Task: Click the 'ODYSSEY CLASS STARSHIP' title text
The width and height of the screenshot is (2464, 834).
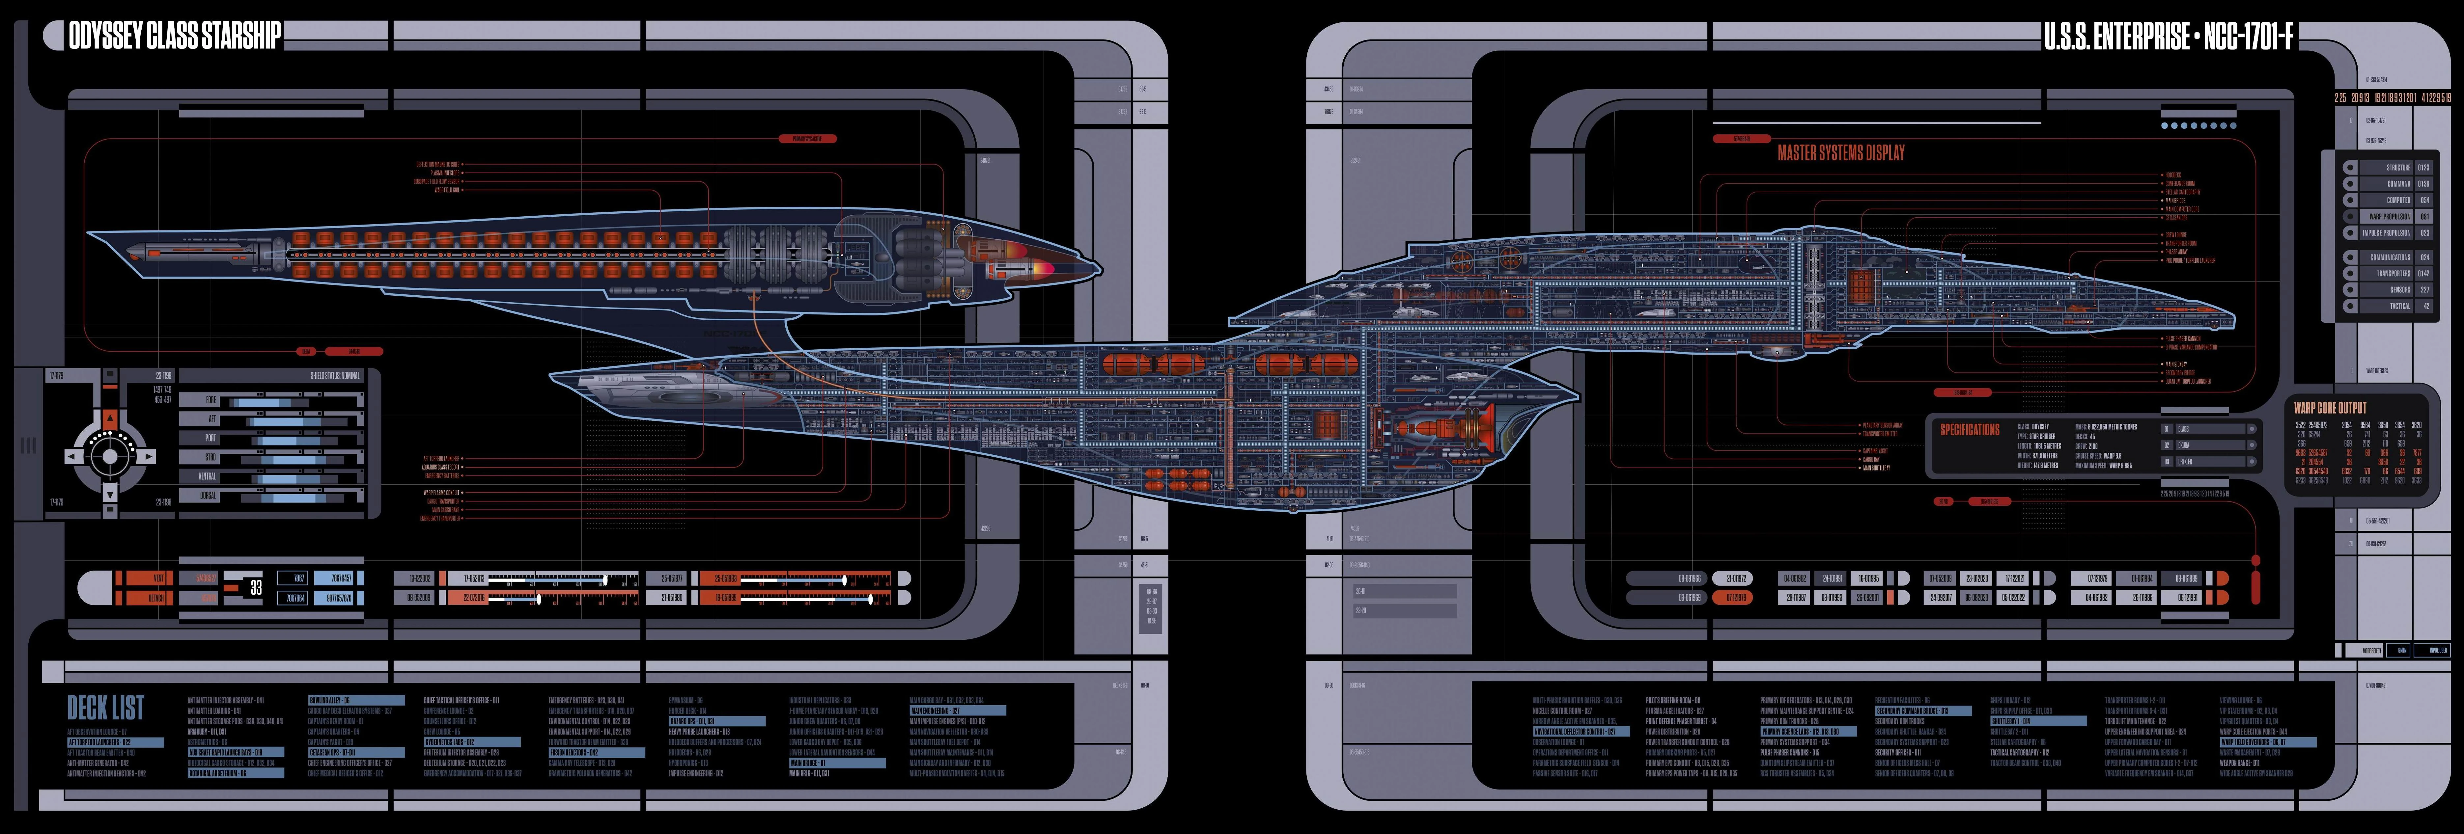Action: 174,36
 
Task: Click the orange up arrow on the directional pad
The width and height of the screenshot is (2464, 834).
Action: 110,419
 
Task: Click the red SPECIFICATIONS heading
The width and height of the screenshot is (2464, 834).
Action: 1970,430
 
